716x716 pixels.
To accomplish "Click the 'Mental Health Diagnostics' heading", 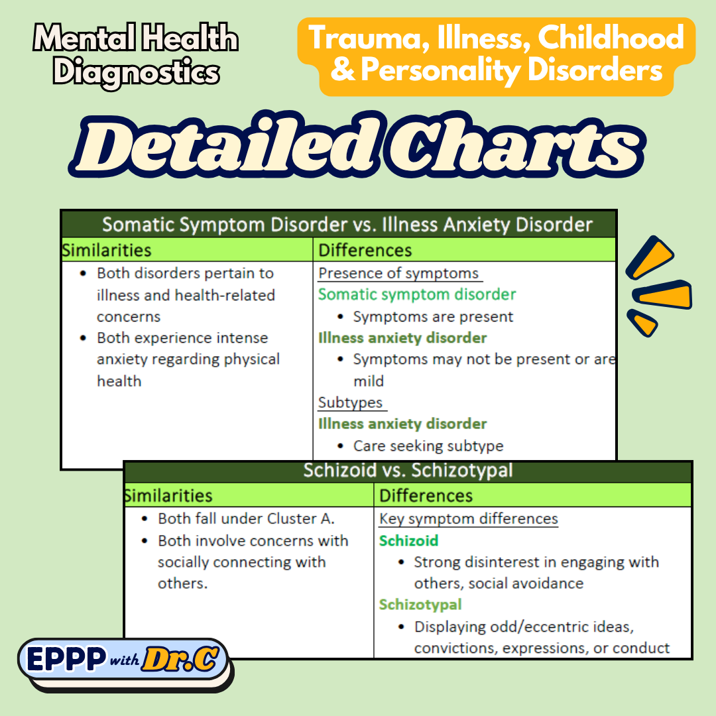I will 135,56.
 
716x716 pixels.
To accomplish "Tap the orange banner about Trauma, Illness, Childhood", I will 497,54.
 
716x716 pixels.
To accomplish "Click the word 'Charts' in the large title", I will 513,148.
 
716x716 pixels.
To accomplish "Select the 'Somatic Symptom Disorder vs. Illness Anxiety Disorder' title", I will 347,225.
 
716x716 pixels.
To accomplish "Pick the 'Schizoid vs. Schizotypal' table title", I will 408,471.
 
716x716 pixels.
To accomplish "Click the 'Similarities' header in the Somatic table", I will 107,250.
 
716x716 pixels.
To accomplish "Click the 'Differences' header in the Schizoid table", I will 426,496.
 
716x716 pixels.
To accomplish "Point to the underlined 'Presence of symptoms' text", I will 398,273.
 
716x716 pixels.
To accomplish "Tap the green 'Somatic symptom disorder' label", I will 417,294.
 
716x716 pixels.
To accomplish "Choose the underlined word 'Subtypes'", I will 351,402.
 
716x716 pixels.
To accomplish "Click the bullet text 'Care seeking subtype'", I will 428,446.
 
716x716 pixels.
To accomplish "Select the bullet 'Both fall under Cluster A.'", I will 246,519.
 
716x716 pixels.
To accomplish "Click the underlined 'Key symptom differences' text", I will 468,519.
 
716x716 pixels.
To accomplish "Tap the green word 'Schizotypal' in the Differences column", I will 420,605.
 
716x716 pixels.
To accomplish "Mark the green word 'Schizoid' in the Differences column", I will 408,541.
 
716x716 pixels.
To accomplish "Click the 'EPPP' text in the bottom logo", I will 66,659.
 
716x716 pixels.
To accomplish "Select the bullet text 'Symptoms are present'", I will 433,317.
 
